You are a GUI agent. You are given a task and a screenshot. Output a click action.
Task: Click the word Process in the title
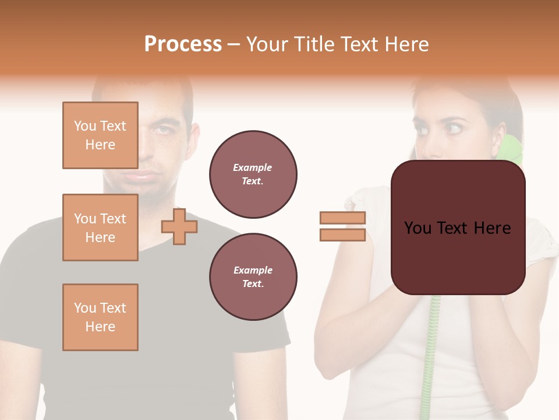coord(183,44)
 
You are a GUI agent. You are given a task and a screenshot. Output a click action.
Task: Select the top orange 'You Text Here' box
coord(100,135)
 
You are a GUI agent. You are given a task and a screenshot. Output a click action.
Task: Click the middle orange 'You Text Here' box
coord(100,228)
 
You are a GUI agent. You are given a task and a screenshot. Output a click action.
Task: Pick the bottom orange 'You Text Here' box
coord(100,317)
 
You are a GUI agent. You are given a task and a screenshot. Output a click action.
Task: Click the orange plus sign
coord(179,226)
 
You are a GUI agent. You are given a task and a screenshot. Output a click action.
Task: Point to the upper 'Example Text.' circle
coord(253,174)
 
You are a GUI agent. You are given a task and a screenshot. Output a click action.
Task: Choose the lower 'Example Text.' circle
coord(253,276)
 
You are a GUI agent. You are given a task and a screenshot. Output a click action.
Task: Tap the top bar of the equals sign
coord(342,218)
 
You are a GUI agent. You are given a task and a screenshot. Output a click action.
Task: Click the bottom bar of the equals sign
coord(342,235)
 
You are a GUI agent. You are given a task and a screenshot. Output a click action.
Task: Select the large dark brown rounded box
coord(458,228)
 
